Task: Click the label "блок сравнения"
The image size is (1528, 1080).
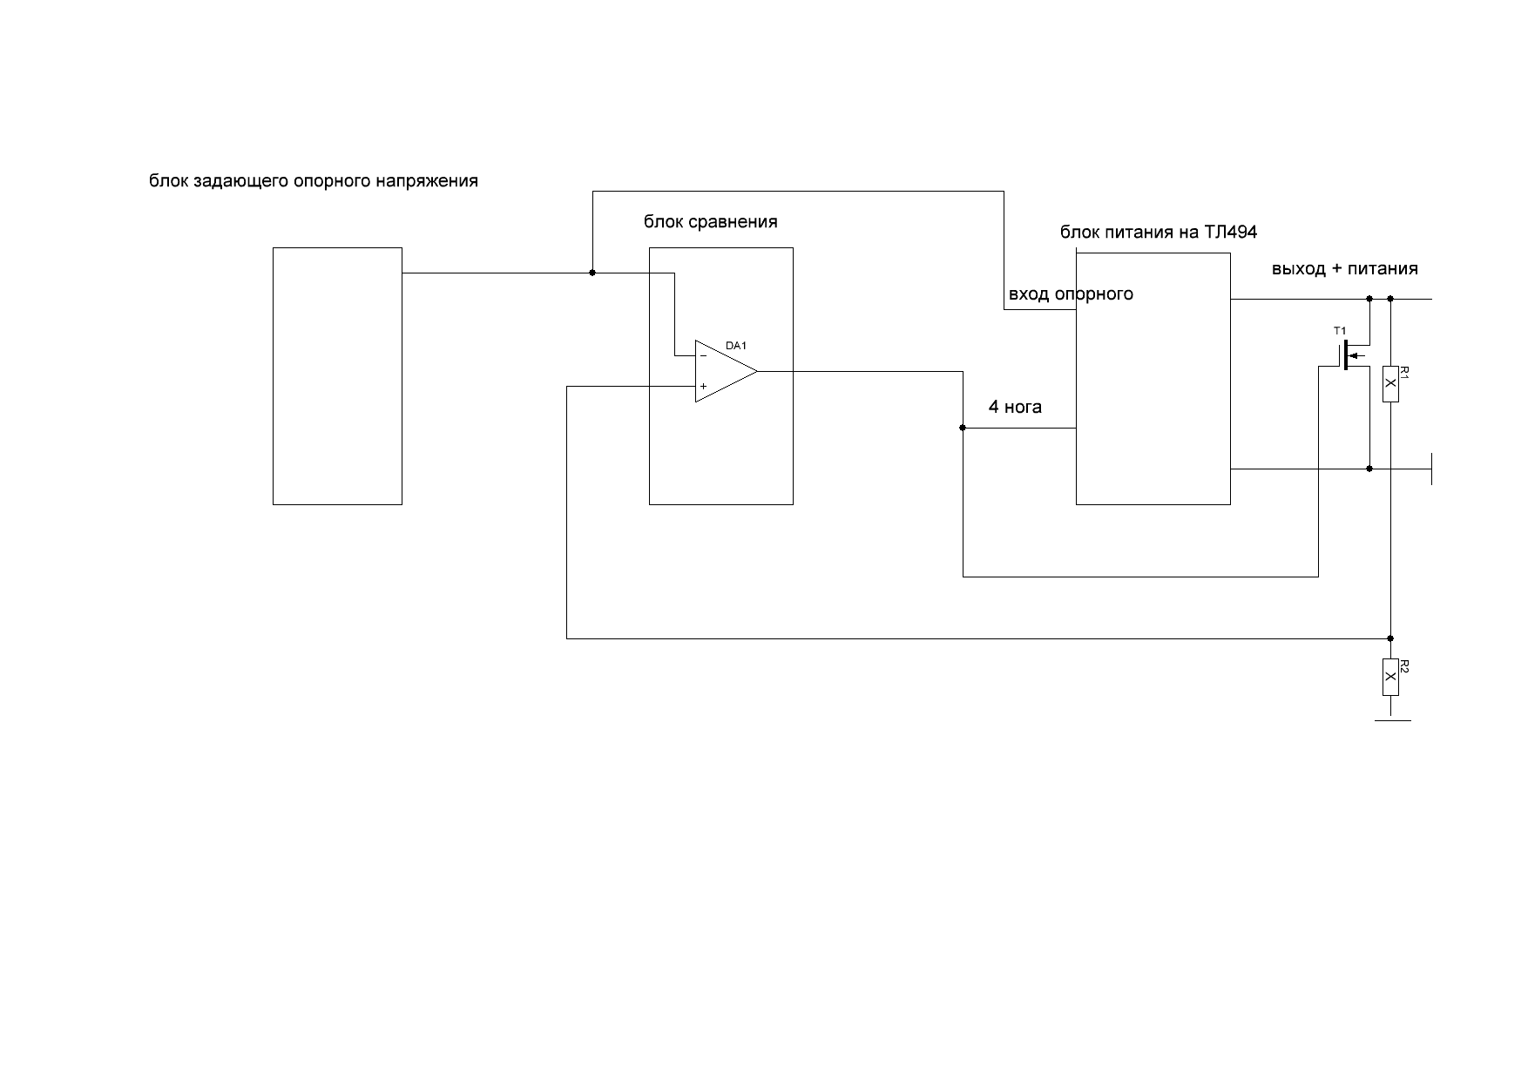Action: point(710,222)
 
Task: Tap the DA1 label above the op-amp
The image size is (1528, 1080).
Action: point(736,346)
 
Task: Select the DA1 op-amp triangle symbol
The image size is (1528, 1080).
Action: point(724,371)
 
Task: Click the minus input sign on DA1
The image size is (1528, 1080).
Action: point(703,355)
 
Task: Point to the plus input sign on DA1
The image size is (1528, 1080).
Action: point(703,386)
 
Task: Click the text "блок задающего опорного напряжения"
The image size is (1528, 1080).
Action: point(314,182)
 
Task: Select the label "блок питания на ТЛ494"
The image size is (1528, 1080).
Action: point(1158,233)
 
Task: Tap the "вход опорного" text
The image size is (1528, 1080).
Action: point(1071,294)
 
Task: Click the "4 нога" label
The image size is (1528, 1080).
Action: point(1015,407)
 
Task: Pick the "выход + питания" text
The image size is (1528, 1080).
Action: point(1344,269)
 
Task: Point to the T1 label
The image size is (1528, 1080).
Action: point(1340,331)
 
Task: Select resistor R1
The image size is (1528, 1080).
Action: point(1390,384)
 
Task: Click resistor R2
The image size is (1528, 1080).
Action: point(1390,678)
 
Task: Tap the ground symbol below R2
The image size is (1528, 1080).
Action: point(1391,720)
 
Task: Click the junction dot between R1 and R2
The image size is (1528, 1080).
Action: point(1390,638)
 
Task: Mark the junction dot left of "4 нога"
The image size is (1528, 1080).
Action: point(963,428)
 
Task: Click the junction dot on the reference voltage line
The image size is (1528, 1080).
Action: point(592,273)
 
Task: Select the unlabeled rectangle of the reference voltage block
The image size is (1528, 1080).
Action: point(337,375)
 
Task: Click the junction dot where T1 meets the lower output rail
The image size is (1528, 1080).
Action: point(1369,469)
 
